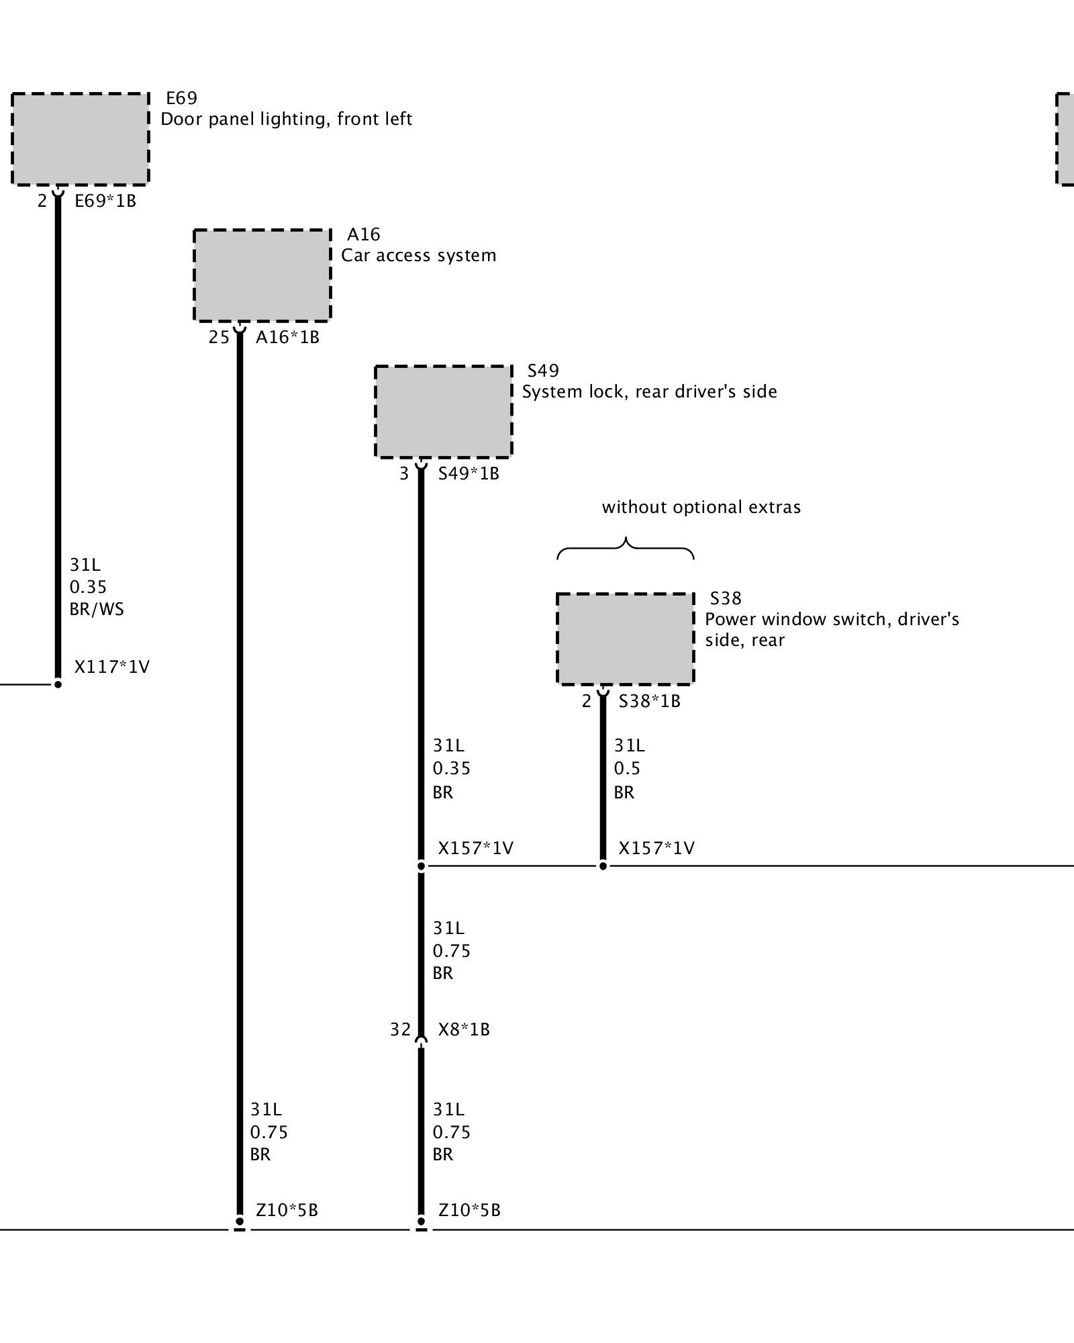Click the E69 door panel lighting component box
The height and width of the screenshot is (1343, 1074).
coord(80,138)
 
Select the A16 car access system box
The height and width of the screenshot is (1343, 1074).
coord(262,275)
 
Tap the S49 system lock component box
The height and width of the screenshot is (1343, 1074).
coord(443,412)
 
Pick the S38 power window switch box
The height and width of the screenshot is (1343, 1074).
coord(625,639)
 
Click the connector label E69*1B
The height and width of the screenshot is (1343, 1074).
coord(105,201)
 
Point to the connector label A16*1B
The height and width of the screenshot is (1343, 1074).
coord(287,337)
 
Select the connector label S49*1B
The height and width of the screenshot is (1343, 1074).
coord(469,473)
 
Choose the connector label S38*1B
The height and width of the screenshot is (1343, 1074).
coord(649,701)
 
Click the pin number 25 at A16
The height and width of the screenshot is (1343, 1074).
coord(219,337)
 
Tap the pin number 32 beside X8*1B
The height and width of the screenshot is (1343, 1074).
coord(400,1029)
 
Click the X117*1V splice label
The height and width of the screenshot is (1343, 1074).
coord(111,667)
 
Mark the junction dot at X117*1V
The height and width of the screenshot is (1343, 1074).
coord(58,684)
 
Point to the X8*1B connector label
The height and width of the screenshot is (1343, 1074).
coord(464,1029)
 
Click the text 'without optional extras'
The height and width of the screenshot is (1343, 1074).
coord(701,507)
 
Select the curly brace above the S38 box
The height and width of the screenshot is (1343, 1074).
coord(626,548)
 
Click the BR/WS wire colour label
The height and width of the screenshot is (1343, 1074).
coord(97,610)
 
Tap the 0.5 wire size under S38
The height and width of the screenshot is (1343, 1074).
coord(627,768)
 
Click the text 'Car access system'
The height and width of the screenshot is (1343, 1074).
coord(418,256)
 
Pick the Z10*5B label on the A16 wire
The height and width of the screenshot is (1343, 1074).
coord(287,1210)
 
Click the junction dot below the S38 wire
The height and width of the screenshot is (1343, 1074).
coord(603,866)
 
